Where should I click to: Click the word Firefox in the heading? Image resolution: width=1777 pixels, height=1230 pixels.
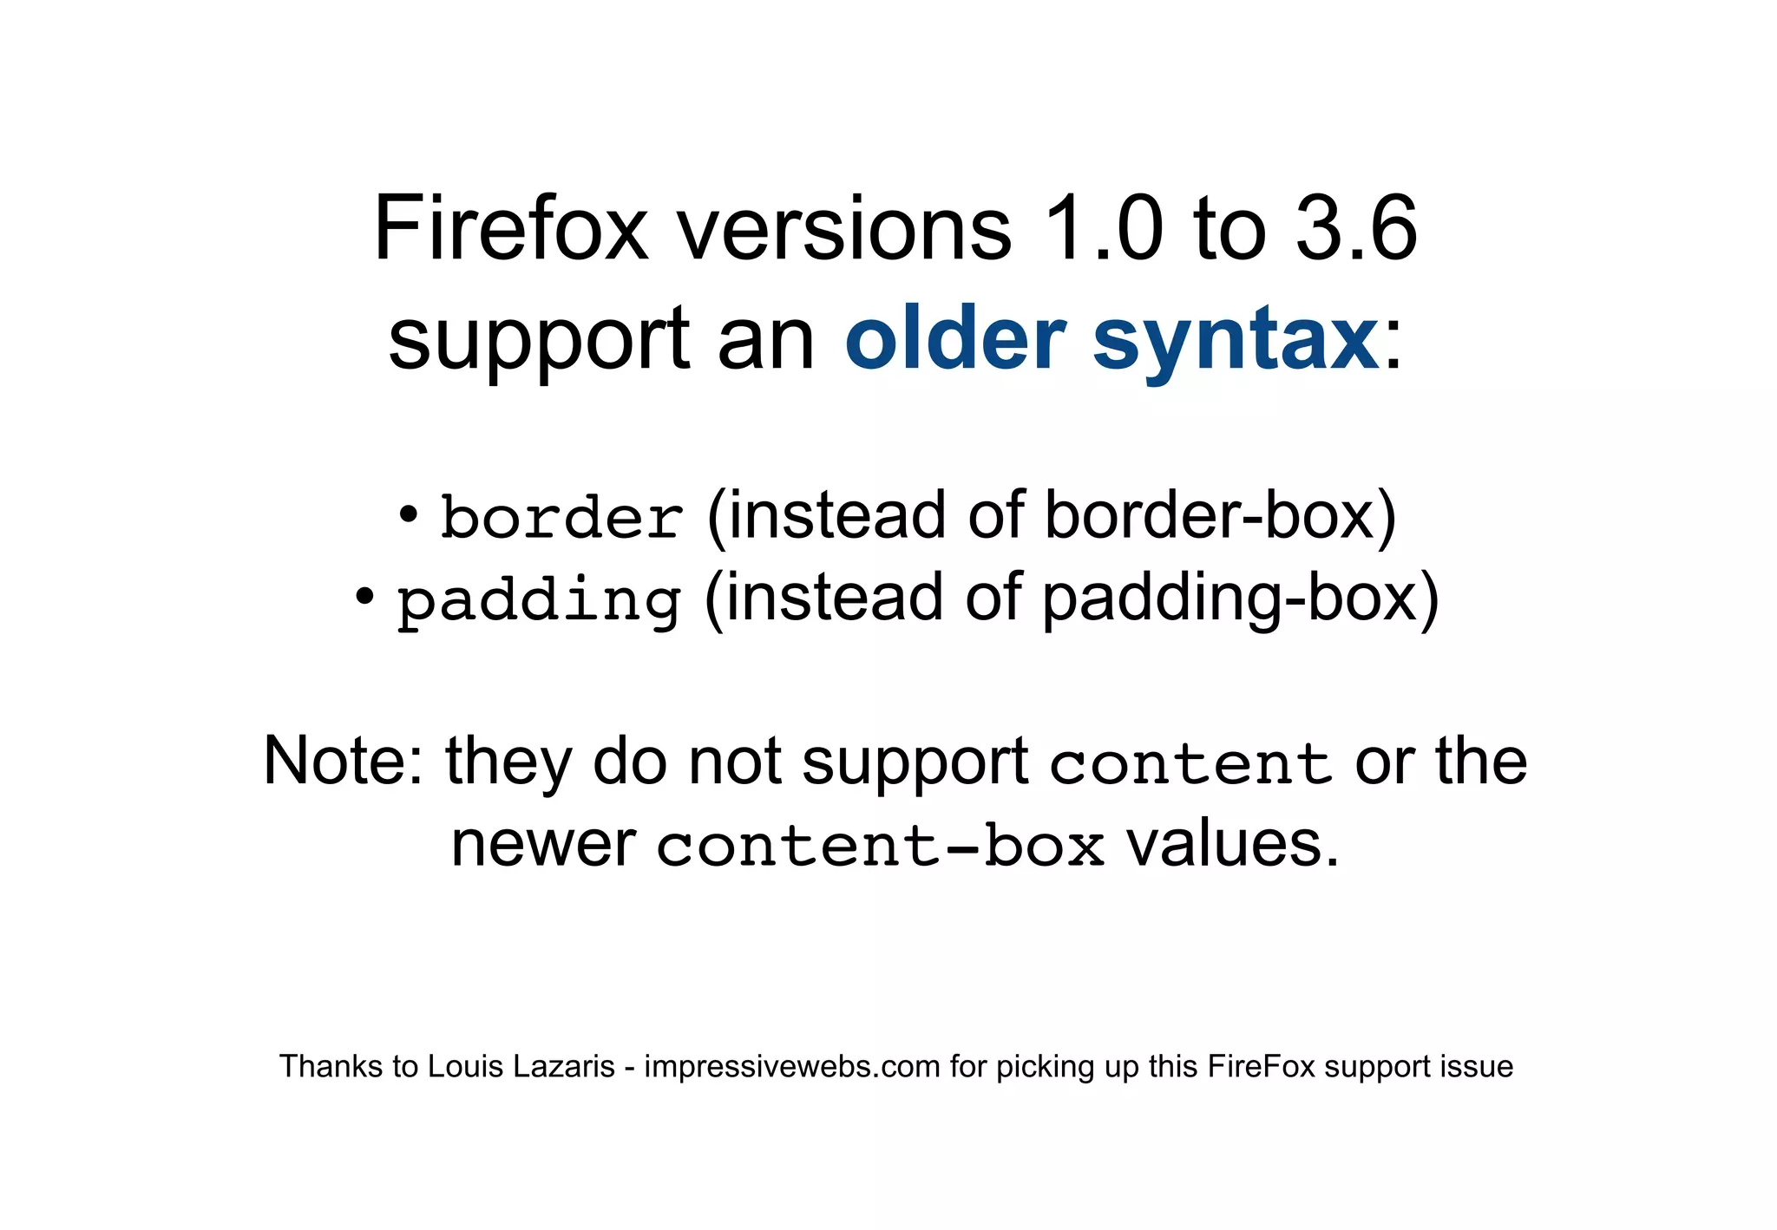click(x=511, y=229)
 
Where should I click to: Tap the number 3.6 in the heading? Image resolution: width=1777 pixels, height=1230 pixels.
click(x=1356, y=229)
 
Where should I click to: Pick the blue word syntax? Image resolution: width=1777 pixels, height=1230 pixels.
click(x=1236, y=340)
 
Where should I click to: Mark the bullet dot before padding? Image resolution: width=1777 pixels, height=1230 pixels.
click(x=364, y=596)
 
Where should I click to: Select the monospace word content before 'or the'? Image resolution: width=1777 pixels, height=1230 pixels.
click(x=1190, y=763)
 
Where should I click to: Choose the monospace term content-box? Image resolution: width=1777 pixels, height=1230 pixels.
click(x=880, y=846)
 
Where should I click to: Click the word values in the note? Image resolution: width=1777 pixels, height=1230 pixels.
click(x=1232, y=844)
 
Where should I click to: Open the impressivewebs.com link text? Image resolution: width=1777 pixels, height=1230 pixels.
click(x=792, y=1066)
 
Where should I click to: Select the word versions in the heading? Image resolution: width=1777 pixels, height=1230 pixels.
click(x=843, y=229)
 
